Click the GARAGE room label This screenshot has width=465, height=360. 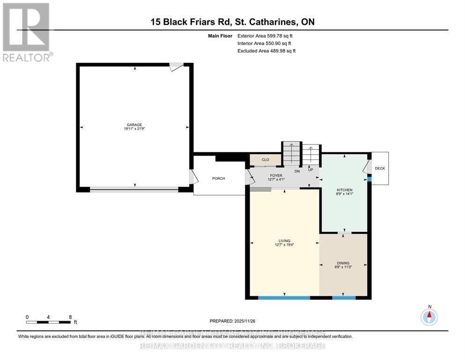pos(134,125)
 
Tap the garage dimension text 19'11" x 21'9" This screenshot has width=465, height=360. pos(134,129)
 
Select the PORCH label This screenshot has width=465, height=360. pos(218,178)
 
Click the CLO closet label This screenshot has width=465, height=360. pos(265,160)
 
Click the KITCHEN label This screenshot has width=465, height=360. pos(344,190)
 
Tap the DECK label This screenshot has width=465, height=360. pos(380,168)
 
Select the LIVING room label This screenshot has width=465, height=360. pos(284,240)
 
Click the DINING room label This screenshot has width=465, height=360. pos(343,263)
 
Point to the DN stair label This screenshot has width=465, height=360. pos(297,171)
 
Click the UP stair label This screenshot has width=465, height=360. pos(310,170)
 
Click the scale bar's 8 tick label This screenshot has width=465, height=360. pos(70,317)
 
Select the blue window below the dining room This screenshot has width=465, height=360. pos(343,297)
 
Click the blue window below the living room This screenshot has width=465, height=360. pos(284,297)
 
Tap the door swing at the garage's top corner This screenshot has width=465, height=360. pos(176,67)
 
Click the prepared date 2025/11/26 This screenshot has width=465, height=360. pos(245,321)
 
